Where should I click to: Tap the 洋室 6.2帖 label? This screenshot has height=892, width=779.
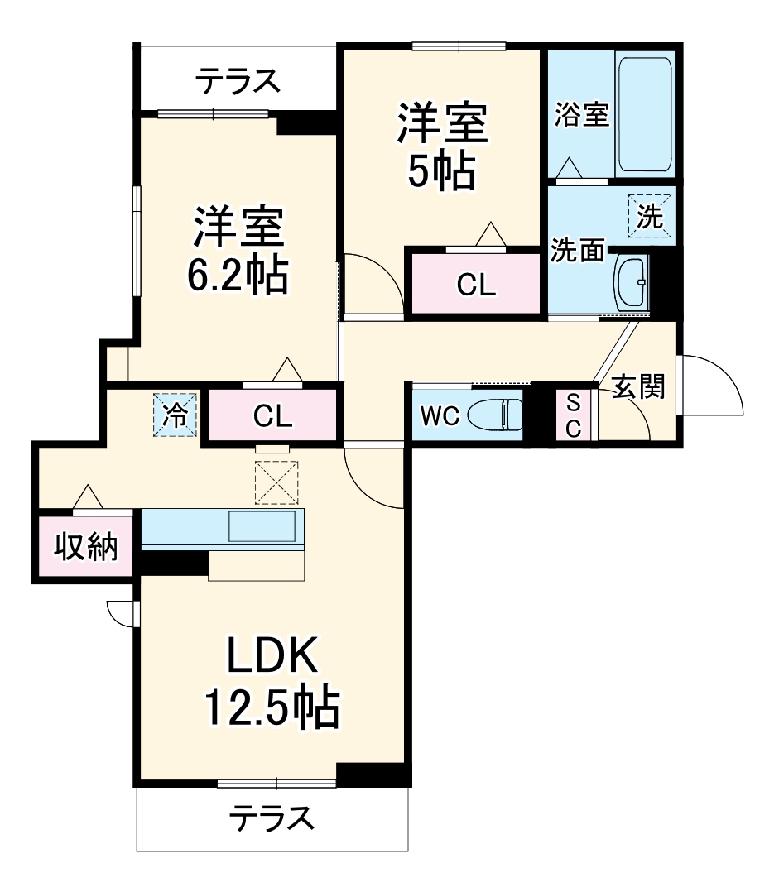[x=238, y=252]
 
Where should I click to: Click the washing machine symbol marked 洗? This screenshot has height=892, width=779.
[x=650, y=218]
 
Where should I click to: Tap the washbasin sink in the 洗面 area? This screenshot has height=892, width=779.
[x=632, y=283]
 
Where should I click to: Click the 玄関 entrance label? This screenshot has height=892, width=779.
[x=638, y=386]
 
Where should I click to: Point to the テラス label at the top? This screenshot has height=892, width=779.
[x=236, y=82]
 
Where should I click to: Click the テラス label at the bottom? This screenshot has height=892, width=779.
[x=272, y=818]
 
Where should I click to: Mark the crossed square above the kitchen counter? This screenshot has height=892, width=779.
[x=276, y=482]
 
